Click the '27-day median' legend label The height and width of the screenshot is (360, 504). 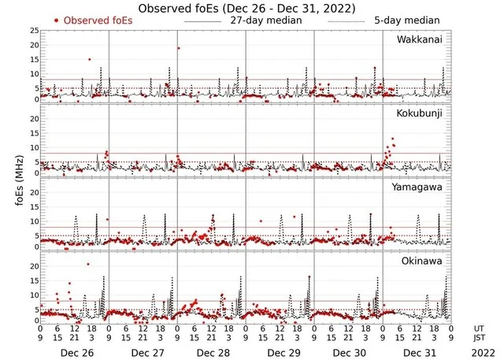(x=265, y=20)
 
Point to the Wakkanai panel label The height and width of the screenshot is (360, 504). (x=419, y=39)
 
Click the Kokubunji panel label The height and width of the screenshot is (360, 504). (x=419, y=114)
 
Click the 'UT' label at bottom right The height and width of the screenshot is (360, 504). (x=479, y=328)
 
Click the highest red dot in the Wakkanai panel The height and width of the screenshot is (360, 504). (x=179, y=48)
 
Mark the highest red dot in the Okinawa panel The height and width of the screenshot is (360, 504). (x=88, y=264)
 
